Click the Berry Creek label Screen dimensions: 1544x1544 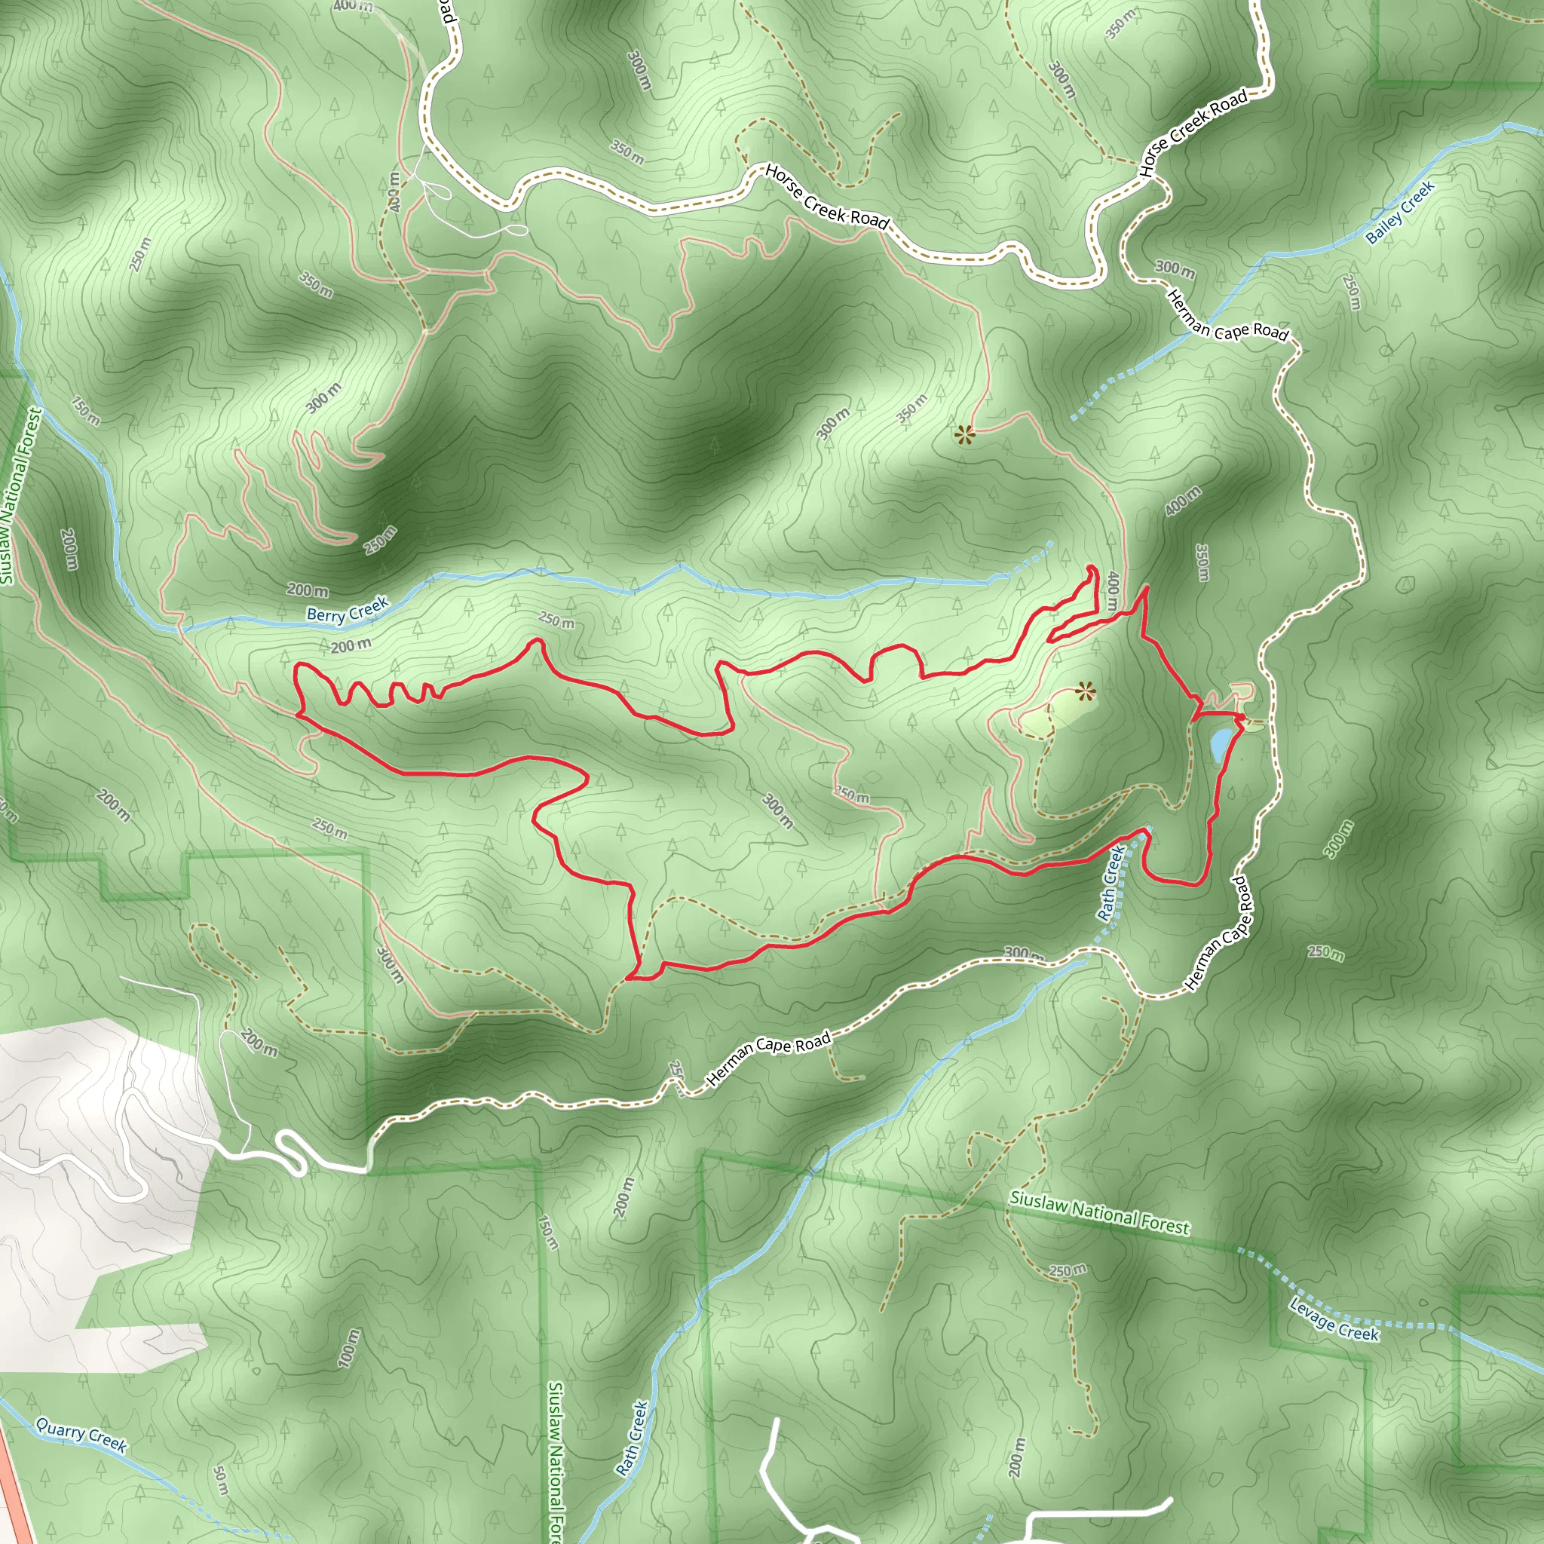(347, 610)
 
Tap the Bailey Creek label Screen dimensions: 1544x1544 (1400, 212)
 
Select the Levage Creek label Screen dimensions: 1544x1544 (1334, 1319)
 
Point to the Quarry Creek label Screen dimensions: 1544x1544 (81, 1433)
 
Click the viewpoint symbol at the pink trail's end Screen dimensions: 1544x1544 (964, 435)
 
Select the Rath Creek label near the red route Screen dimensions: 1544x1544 (1112, 883)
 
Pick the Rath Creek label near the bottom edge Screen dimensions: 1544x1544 (631, 1438)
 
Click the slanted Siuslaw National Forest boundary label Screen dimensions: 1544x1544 (1099, 1212)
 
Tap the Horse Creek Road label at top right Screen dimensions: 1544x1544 (1193, 133)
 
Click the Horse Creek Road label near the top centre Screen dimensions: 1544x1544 (826, 197)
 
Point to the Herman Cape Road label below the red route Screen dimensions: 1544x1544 (769, 1059)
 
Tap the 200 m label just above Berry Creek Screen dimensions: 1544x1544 (308, 590)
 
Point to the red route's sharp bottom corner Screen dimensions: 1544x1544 (630, 977)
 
